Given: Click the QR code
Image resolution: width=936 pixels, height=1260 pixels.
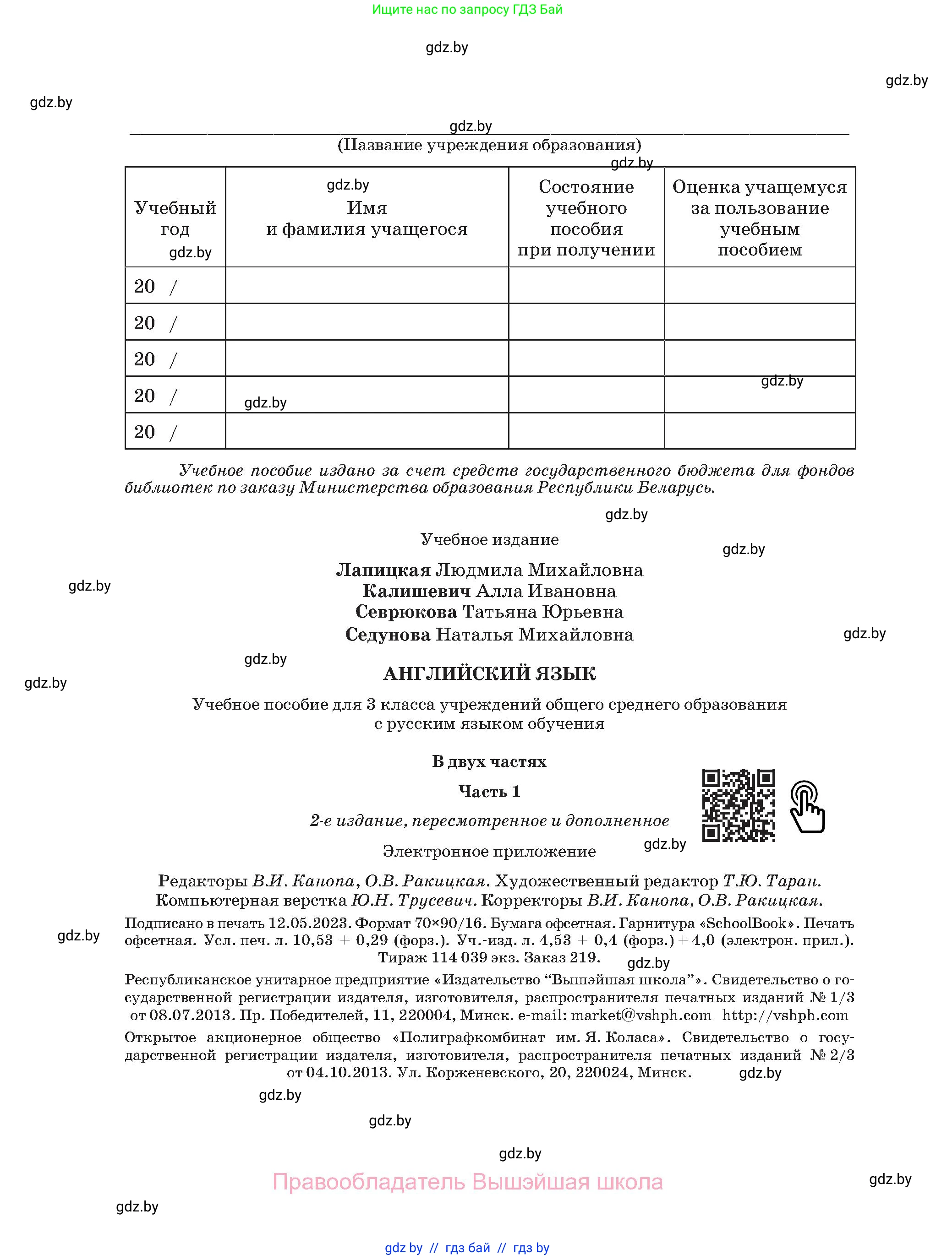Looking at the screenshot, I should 738,805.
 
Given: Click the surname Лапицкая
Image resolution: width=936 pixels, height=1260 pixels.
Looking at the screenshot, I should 383,570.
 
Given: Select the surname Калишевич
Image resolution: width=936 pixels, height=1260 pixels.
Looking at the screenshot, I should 416,591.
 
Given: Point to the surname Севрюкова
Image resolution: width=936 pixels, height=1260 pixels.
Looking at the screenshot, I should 406,612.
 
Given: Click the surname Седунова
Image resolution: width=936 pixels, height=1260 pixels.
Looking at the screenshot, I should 388,635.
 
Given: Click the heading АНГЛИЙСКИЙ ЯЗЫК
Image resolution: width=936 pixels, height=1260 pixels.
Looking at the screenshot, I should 489,674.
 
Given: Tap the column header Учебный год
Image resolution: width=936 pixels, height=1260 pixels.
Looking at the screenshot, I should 175,218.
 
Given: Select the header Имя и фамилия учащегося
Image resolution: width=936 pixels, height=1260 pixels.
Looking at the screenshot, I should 367,218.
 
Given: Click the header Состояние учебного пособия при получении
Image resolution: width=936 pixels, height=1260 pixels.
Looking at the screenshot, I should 586,218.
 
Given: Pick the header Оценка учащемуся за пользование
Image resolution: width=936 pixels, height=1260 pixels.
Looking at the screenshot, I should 759,218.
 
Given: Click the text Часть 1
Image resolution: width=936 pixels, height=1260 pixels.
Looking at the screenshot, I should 489,792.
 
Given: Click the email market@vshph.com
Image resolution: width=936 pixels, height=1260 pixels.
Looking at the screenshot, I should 641,1016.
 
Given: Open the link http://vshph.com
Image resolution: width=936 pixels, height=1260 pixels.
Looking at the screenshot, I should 785,1016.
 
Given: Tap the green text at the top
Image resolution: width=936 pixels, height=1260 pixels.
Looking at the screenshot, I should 467,10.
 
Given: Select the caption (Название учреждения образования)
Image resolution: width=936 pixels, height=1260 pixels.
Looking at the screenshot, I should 489,145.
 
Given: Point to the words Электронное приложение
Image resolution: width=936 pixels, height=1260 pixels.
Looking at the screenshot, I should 489,852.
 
